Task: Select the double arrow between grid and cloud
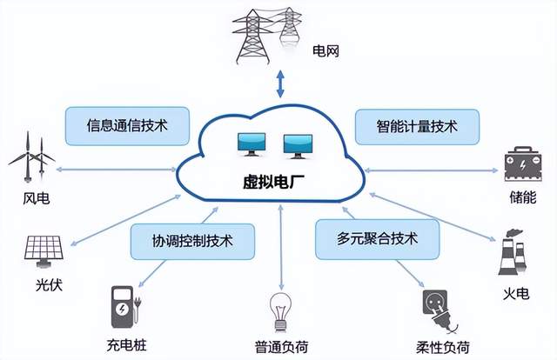(x=279, y=85)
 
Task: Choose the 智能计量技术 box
(x=417, y=127)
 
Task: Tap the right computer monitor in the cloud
(x=297, y=144)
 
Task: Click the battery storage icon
(x=526, y=163)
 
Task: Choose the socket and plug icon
(x=437, y=306)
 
